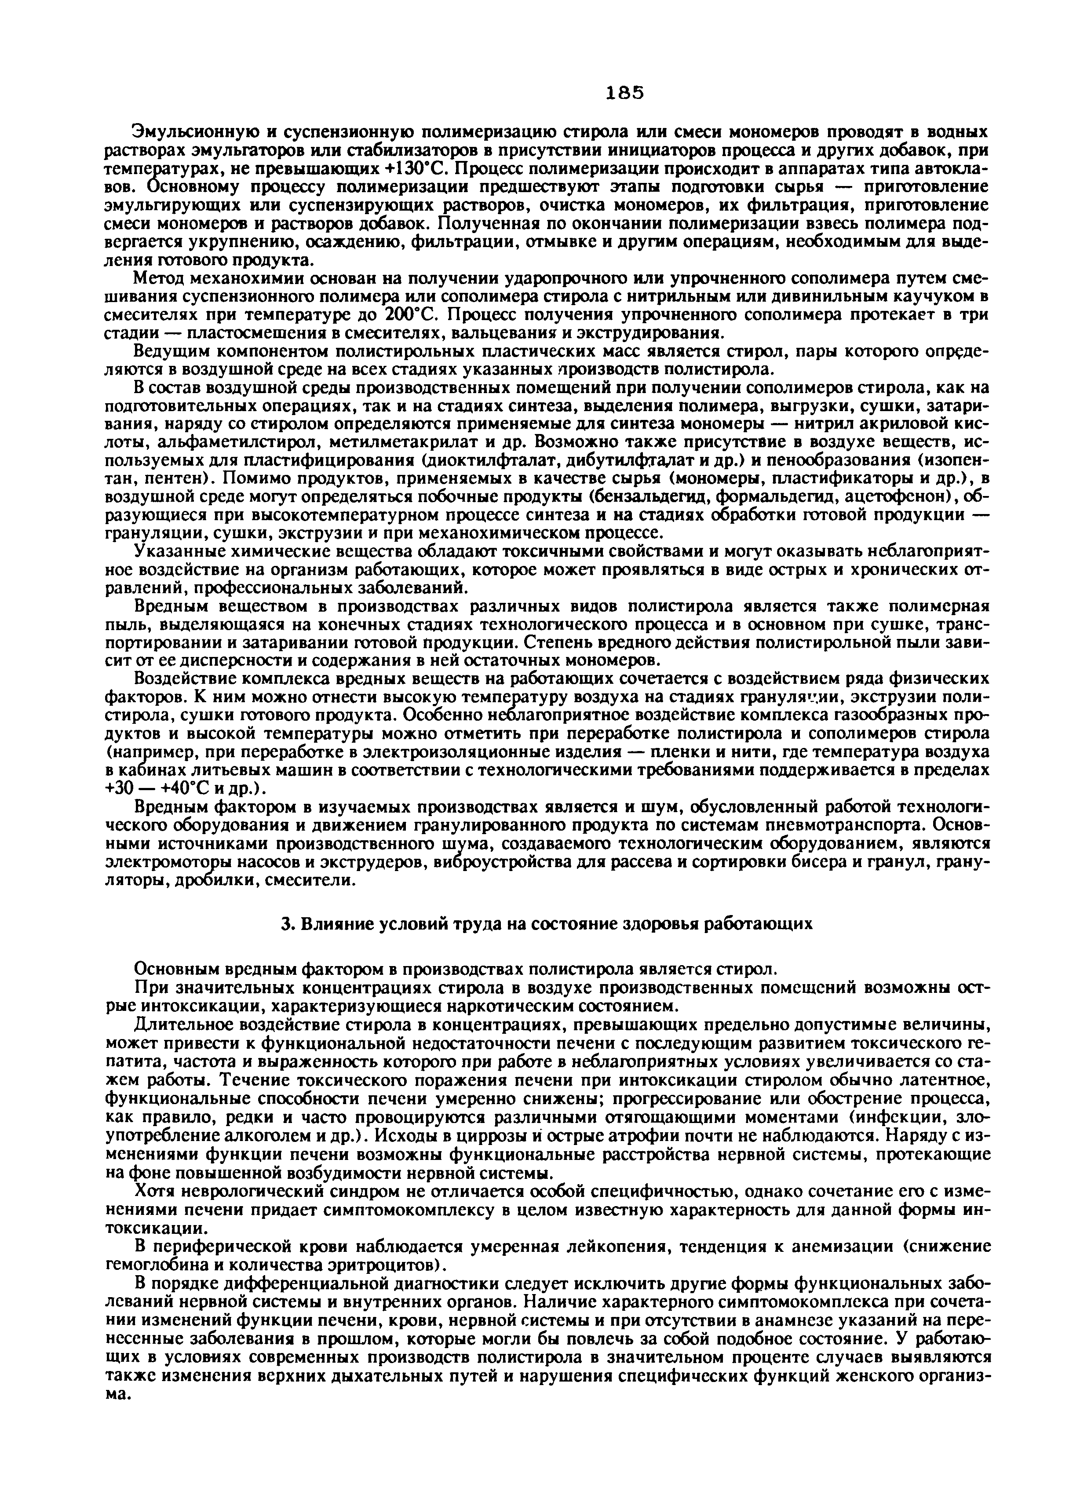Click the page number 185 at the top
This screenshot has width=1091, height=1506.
click(x=625, y=93)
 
